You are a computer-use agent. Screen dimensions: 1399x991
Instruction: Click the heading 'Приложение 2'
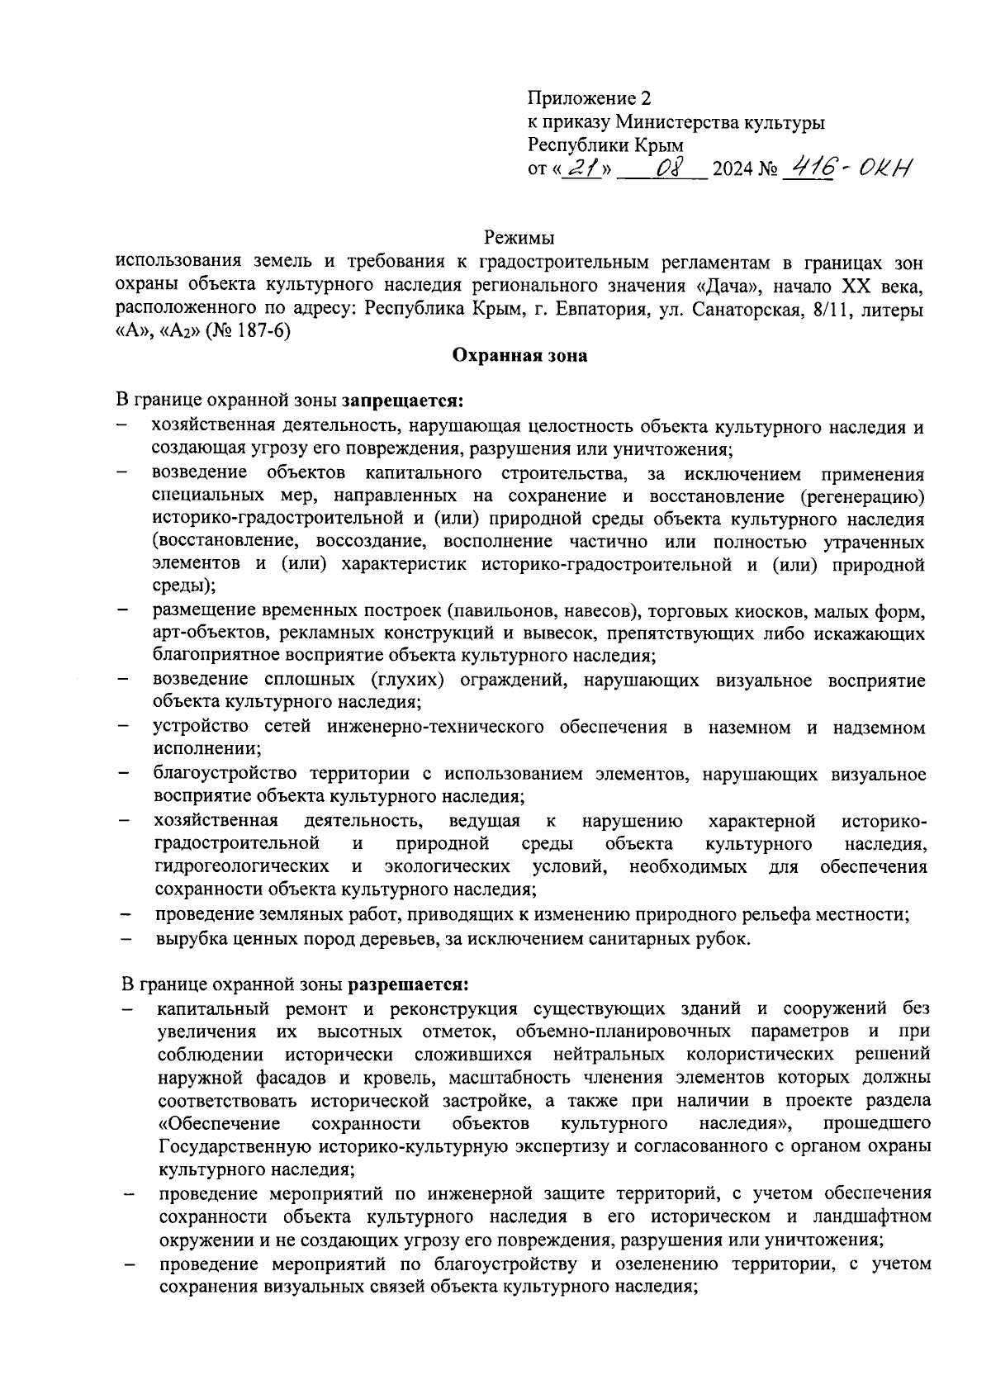point(590,99)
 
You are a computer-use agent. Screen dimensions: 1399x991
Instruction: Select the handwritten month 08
point(666,168)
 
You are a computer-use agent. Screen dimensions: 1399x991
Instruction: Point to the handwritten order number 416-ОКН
point(846,168)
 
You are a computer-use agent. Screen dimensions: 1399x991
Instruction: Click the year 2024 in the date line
point(731,170)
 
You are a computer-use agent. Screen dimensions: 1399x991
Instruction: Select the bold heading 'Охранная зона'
point(519,356)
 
